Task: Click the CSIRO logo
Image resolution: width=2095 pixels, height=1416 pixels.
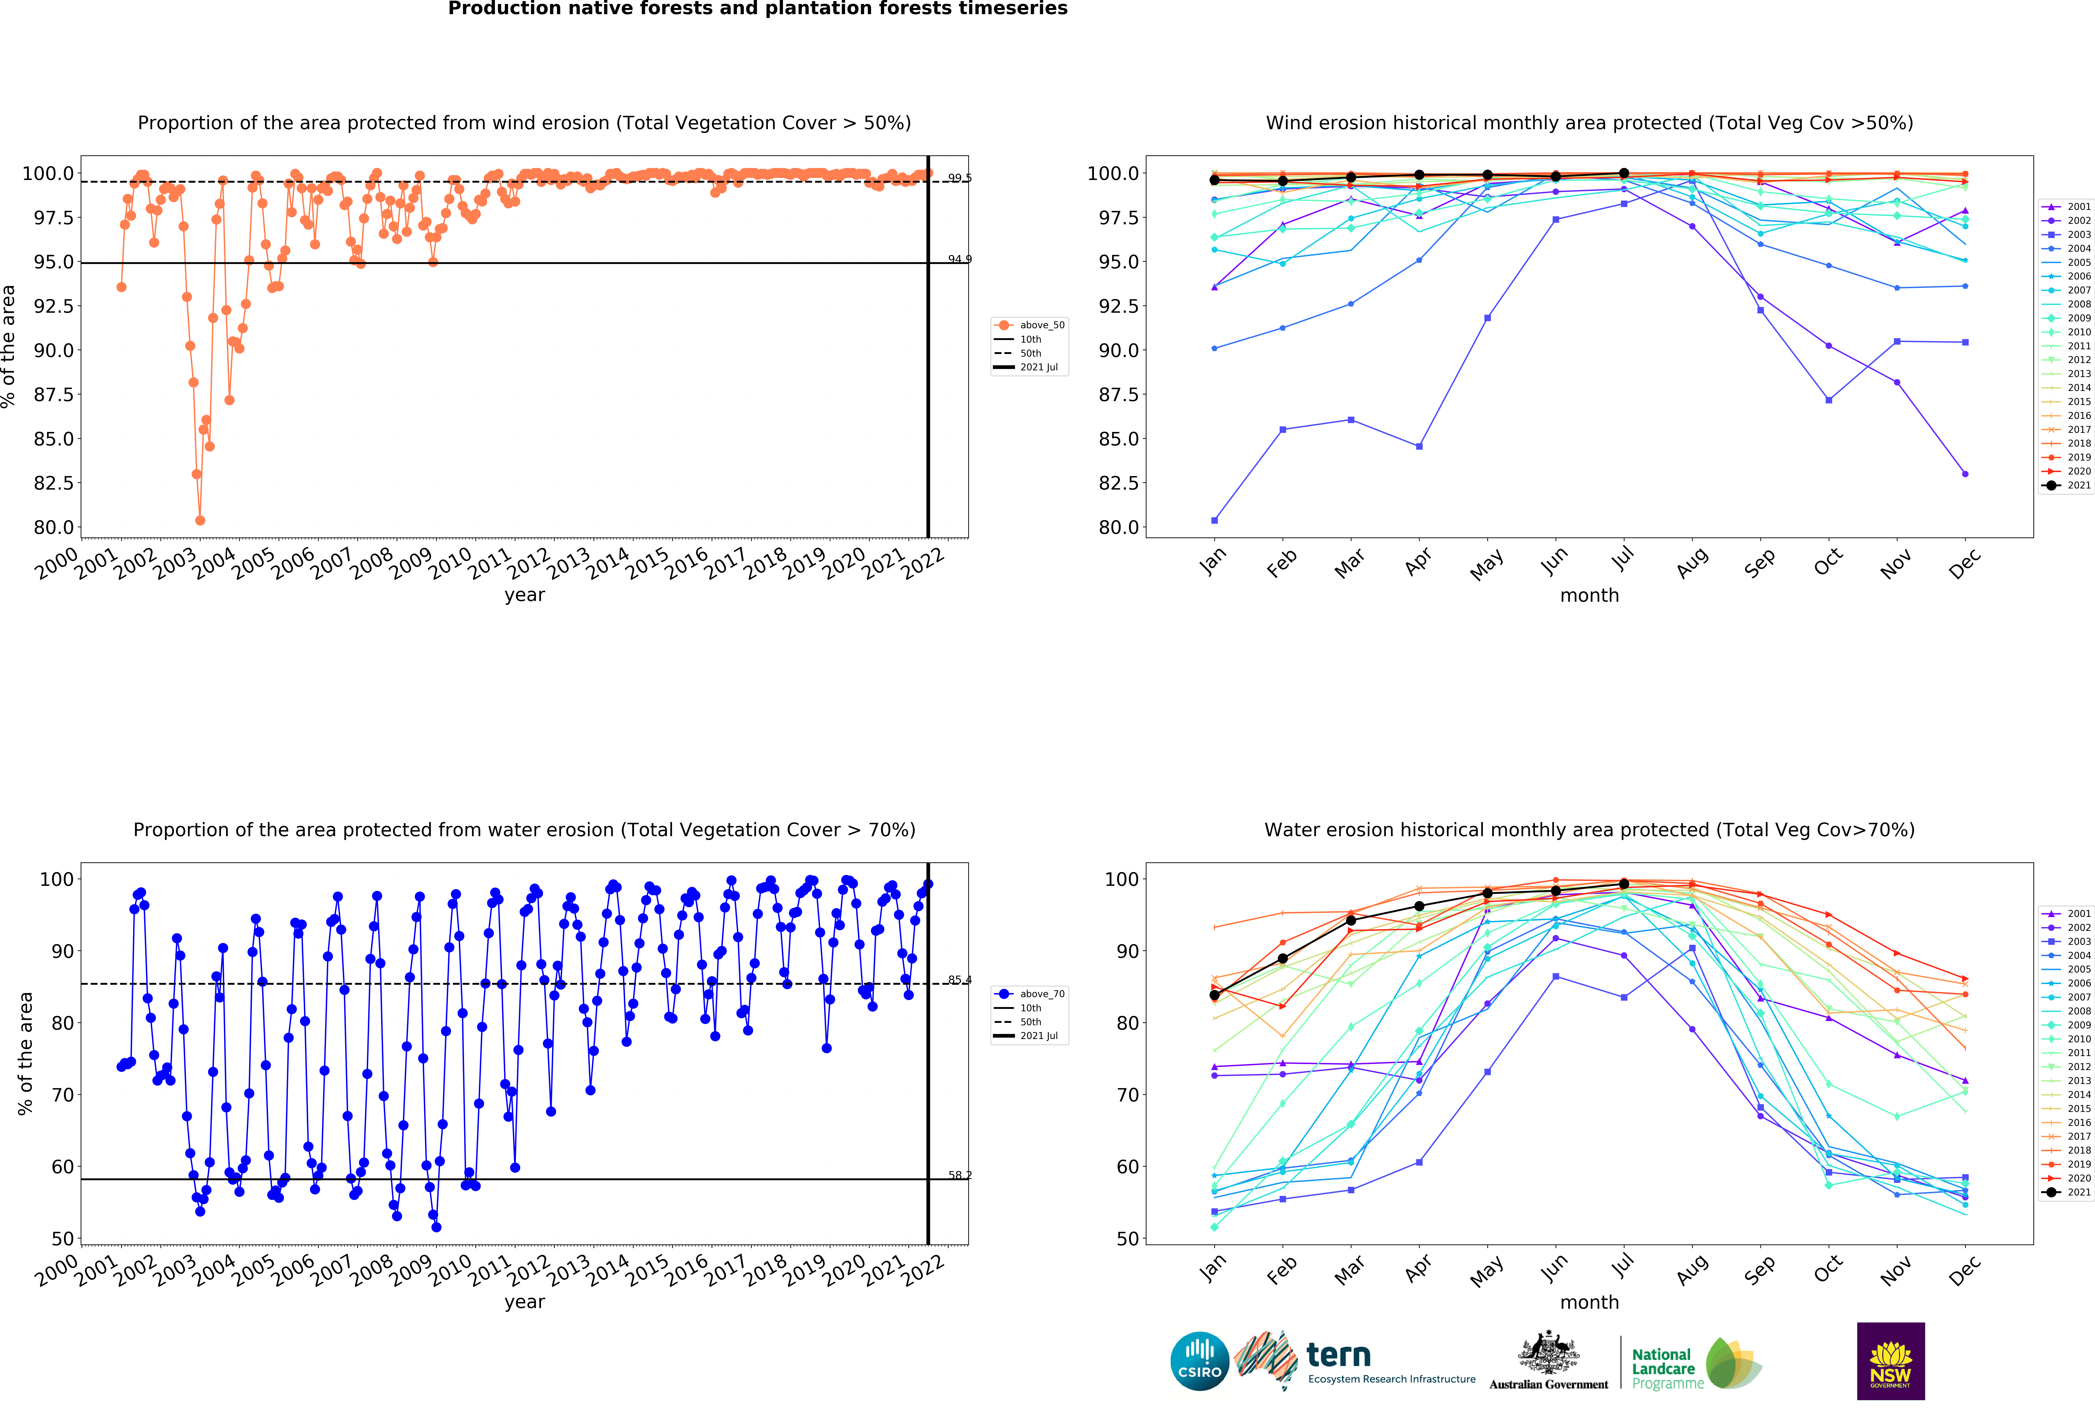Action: (x=1199, y=1361)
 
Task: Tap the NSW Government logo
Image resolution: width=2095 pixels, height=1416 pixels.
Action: (x=1890, y=1361)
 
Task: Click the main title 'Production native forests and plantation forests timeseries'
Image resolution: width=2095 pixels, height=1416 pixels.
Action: (x=757, y=9)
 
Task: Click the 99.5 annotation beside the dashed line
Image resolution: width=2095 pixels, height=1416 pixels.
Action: (x=959, y=178)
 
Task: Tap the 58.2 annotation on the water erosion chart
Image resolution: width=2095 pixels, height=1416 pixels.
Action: (x=959, y=1175)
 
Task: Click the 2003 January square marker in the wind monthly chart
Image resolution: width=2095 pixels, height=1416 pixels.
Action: (x=1214, y=520)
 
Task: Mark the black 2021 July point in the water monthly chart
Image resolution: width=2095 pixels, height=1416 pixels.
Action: (x=1624, y=884)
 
